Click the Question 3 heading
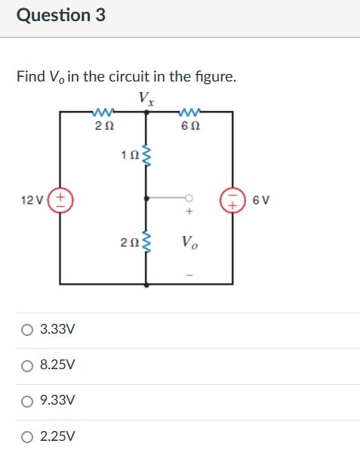pyautogui.click(x=61, y=15)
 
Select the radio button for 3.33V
pyautogui.click(x=27, y=330)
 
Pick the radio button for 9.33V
pyautogui.click(x=27, y=400)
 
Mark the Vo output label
pyautogui.click(x=189, y=243)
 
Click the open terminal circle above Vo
pyautogui.click(x=189, y=199)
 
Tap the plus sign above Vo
pyautogui.click(x=189, y=214)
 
